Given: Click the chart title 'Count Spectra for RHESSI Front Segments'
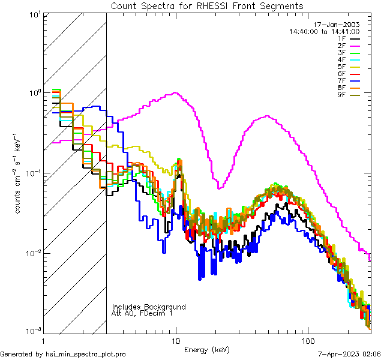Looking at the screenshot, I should click(x=207, y=5).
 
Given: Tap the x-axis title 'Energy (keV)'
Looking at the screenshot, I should click(x=207, y=349).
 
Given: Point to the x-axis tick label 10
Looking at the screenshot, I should click(x=176, y=340).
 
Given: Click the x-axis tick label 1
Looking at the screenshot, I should click(x=44, y=340).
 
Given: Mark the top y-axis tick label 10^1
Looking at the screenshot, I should click(x=34, y=13).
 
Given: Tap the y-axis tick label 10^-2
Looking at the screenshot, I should click(x=33, y=253).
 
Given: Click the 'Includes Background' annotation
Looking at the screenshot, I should click(x=149, y=307).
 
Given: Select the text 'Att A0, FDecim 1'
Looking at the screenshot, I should click(x=142, y=313).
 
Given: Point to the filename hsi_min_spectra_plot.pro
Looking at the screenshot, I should click(x=86, y=355).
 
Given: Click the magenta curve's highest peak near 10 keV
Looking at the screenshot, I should click(x=175, y=92).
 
